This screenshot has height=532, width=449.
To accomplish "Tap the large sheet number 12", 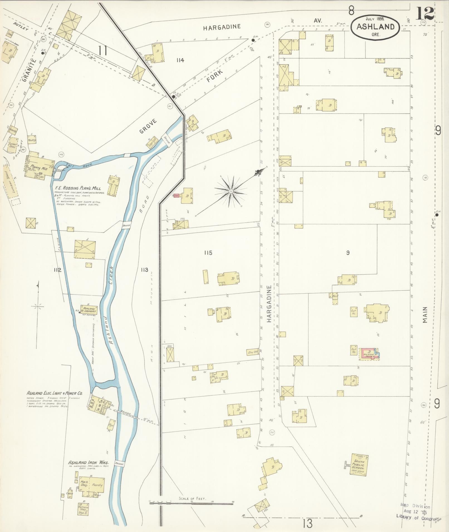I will tap(425, 13).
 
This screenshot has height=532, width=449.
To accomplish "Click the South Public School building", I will tap(359, 463).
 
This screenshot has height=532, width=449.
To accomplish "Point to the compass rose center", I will tap(230, 192).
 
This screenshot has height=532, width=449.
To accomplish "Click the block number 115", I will tap(208, 253).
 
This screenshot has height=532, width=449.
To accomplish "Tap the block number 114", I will tap(180, 60).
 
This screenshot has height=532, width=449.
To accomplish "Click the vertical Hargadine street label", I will tap(269, 304).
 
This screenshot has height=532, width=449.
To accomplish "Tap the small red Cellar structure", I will tap(176, 196).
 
